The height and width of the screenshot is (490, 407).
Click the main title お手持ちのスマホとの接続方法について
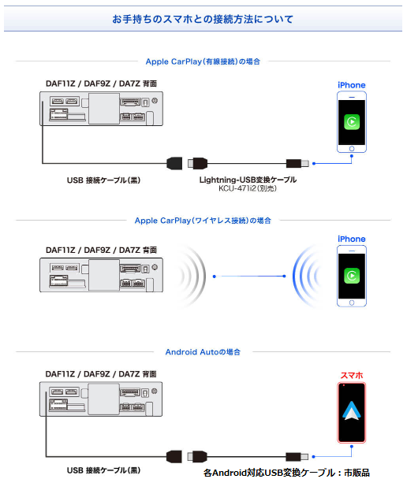coord(203,19)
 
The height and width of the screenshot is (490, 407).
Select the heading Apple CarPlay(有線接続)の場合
coord(203,61)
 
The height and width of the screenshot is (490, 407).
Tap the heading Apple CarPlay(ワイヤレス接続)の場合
coord(203,221)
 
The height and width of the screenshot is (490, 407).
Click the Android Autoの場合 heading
coord(203,352)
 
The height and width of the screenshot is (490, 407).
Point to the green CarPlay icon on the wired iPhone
coord(352,122)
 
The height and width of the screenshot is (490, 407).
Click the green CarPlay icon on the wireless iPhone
coord(352,276)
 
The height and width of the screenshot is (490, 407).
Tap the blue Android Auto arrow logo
coord(352,410)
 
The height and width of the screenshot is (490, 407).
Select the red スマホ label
coord(352,375)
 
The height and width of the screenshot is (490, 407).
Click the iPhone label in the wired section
coord(352,85)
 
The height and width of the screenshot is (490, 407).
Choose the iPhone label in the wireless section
coord(352,239)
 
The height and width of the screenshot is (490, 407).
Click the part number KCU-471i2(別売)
coord(248,188)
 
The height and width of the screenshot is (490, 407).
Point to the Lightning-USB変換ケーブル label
coord(248,180)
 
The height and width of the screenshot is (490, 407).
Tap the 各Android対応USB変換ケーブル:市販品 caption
coord(286,473)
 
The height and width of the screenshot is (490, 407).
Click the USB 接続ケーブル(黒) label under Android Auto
coord(103,470)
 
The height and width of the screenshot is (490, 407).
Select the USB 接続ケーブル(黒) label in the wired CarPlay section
coord(103,180)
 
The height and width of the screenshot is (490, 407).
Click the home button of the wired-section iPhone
coord(352,149)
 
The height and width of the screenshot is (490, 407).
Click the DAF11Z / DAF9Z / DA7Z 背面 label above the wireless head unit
coord(101,250)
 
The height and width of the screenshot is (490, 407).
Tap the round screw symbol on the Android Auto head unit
coord(155,392)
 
